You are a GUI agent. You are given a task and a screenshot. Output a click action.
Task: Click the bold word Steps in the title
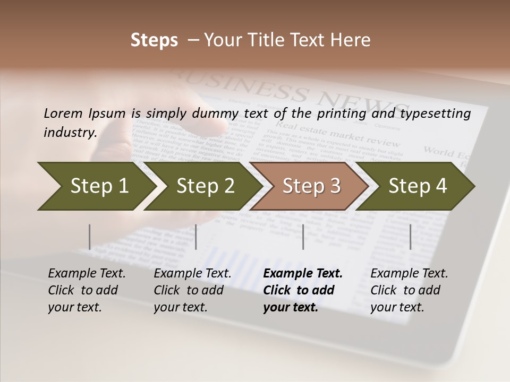coord(154,40)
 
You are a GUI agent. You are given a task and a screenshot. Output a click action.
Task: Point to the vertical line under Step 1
coord(90,237)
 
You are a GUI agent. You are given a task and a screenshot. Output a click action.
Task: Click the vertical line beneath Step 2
coord(196,237)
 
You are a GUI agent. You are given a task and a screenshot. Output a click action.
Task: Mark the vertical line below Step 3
coord(303,237)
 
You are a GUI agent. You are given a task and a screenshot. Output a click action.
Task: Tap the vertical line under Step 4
coord(410,237)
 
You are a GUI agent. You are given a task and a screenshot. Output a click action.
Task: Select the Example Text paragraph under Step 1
coord(87,290)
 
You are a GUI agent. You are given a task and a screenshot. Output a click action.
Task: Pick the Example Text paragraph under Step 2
coord(192,290)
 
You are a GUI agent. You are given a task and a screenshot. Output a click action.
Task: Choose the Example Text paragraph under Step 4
coord(409,290)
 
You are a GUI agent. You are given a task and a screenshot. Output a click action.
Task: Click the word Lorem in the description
coord(63,113)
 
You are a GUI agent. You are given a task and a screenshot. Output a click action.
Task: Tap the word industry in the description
coord(70,132)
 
